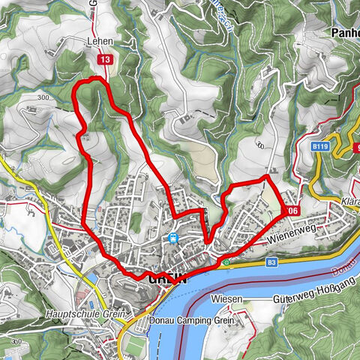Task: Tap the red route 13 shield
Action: pos(105,59)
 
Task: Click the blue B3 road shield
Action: pos(271,262)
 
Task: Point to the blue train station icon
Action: pos(173,239)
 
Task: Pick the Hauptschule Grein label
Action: pos(73,313)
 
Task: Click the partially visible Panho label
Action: pos(345,34)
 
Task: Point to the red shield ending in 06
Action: pos(292,211)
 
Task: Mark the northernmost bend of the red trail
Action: pos(95,77)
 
